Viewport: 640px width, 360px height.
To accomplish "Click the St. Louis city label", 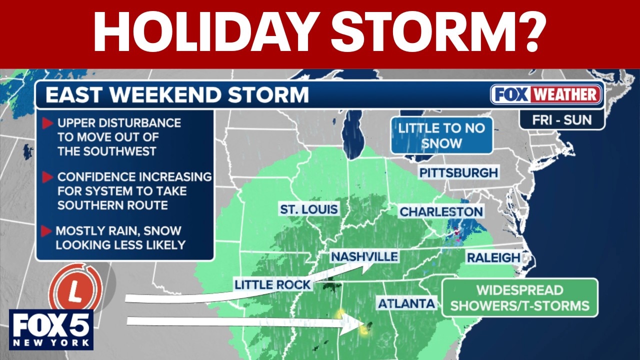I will [309, 209].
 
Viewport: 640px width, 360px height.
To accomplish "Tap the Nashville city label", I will [364, 257].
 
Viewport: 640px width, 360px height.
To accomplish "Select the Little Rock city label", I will [273, 285].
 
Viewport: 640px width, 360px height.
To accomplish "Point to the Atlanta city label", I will [406, 303].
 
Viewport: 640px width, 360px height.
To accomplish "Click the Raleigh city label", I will [493, 258].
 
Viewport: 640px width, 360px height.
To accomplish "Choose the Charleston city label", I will [441, 212].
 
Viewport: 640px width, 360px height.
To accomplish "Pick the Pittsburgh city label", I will [458, 173].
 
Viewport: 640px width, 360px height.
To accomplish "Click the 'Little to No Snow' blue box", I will [441, 135].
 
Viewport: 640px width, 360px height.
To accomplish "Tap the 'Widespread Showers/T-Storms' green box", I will [519, 298].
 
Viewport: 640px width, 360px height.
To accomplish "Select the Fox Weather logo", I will [546, 94].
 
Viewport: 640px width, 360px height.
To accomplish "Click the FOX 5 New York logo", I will [50, 329].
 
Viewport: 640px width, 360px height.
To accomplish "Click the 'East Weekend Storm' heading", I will [177, 95].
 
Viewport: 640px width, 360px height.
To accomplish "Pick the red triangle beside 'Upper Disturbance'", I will [48, 123].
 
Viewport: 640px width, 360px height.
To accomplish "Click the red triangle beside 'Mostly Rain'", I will [47, 231].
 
